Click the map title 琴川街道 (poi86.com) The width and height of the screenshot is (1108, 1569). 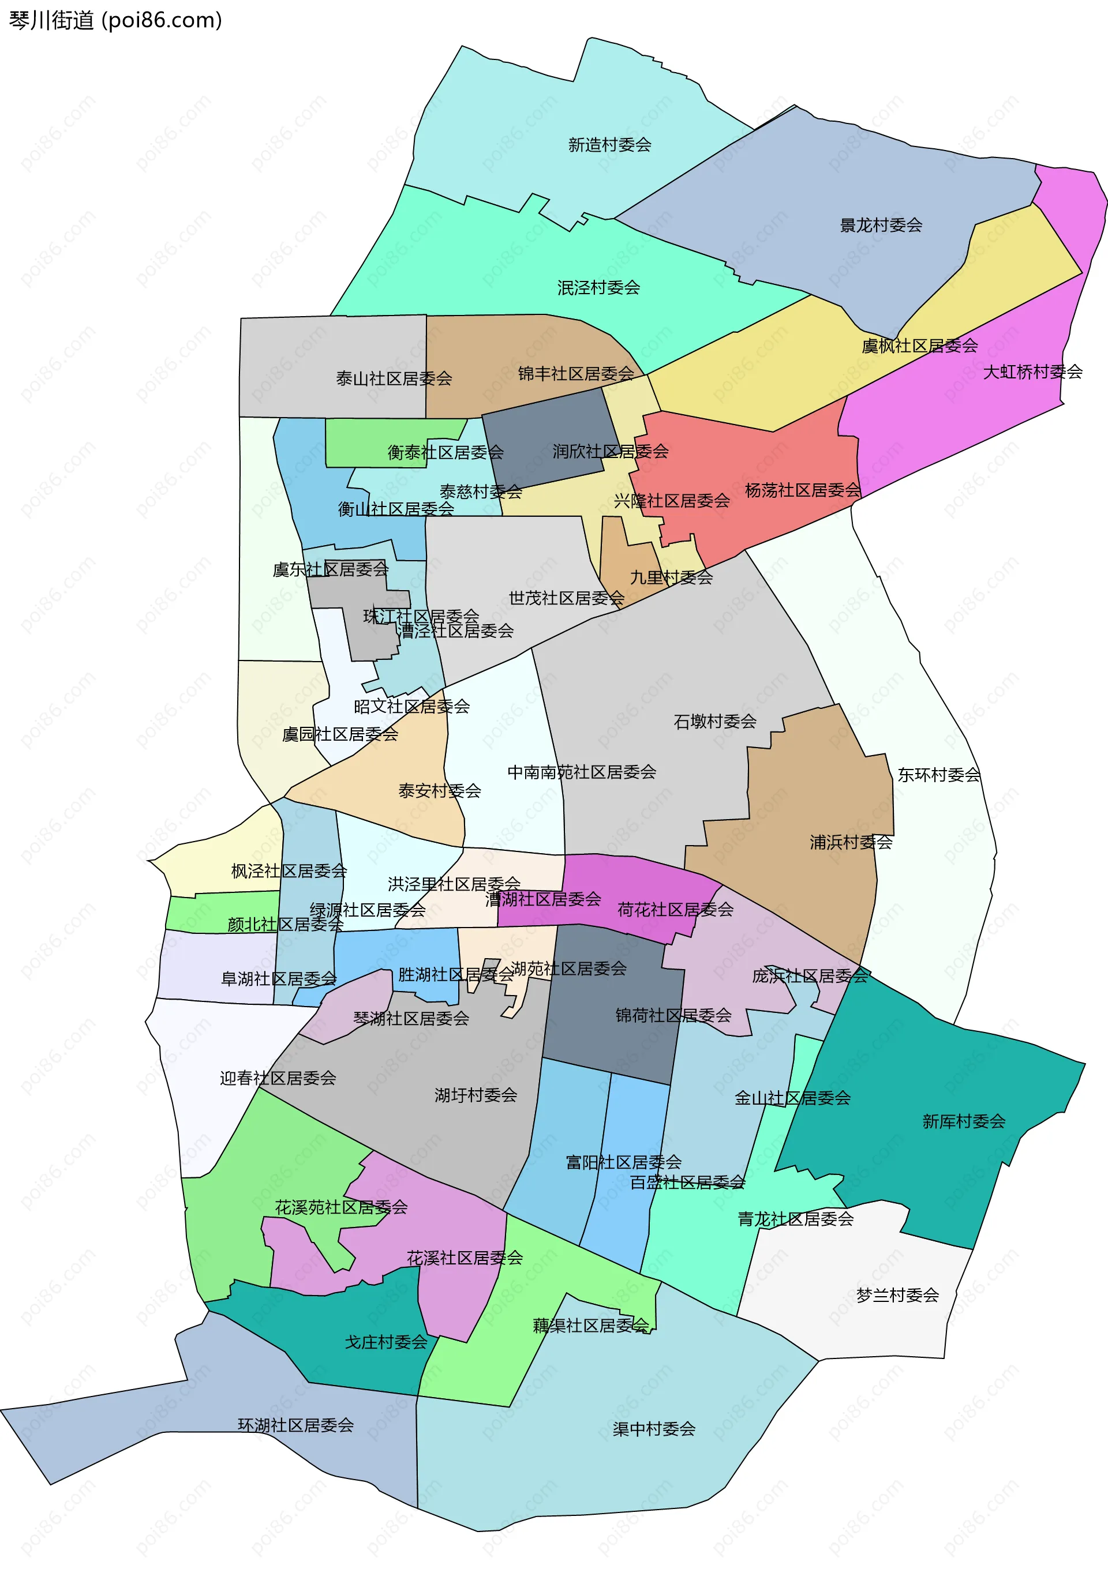(115, 21)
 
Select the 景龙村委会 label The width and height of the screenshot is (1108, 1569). (881, 226)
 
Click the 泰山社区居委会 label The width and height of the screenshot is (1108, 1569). (394, 378)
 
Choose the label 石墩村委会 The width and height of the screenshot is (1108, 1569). (714, 722)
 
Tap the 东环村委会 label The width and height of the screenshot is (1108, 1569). (938, 775)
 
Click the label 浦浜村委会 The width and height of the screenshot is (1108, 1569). (851, 843)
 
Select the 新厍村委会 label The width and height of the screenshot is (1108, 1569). (964, 1121)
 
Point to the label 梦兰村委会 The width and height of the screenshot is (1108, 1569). (897, 1295)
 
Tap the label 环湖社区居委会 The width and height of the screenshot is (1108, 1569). (295, 1425)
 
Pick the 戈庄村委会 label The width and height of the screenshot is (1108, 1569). (385, 1342)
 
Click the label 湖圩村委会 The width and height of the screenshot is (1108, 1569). (476, 1095)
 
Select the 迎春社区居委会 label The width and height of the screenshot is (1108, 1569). (278, 1078)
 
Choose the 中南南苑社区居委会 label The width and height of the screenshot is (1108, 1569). (581, 772)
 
